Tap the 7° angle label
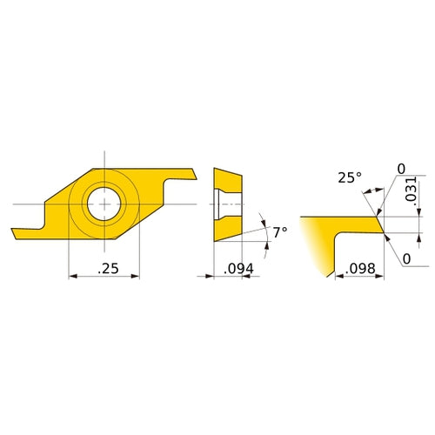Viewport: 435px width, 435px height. click(x=278, y=232)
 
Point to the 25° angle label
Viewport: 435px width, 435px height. click(x=349, y=177)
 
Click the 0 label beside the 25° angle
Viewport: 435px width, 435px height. click(x=401, y=167)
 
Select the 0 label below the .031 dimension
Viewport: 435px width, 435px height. click(x=406, y=258)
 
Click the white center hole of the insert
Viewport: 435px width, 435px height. click(x=104, y=203)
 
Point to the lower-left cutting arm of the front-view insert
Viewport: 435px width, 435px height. click(x=26, y=232)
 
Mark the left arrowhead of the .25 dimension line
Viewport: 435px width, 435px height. click(x=72, y=278)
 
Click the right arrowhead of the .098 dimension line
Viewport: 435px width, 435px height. click(x=379, y=278)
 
